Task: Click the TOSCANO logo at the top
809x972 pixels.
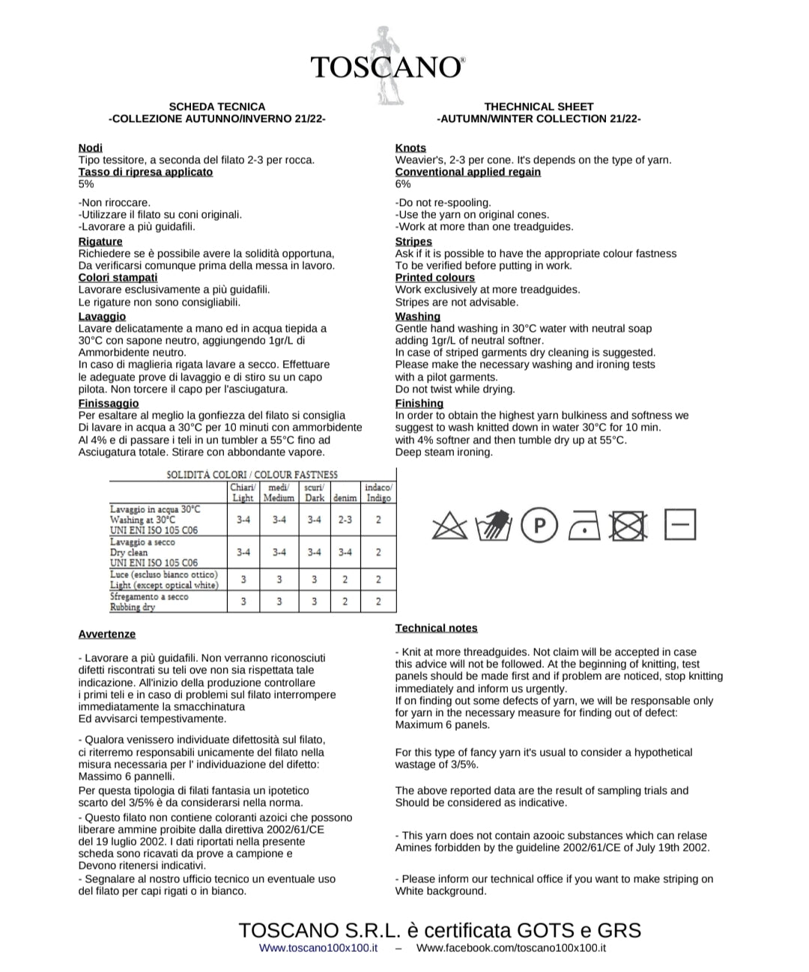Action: pyautogui.click(x=387, y=67)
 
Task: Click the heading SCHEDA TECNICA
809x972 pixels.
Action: pyautogui.click(x=217, y=106)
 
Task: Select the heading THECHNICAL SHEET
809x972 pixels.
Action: pyautogui.click(x=539, y=106)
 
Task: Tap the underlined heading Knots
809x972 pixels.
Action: pyautogui.click(x=410, y=148)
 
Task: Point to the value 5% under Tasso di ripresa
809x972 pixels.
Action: pyautogui.click(x=86, y=183)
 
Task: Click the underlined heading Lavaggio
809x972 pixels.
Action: pyautogui.click(x=102, y=316)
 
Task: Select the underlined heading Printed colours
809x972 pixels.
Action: pyautogui.click(x=434, y=277)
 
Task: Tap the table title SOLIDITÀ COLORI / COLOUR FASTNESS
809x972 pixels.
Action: pyautogui.click(x=252, y=474)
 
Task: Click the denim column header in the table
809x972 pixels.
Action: pyautogui.click(x=345, y=498)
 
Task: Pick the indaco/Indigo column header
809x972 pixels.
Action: pyautogui.click(x=378, y=493)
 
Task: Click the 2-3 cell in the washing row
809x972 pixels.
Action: pyautogui.click(x=345, y=519)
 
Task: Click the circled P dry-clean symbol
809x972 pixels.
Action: pyautogui.click(x=539, y=526)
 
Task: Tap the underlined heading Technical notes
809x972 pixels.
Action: pyautogui.click(x=436, y=628)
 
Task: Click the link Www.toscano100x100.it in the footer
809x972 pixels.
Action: pyautogui.click(x=318, y=947)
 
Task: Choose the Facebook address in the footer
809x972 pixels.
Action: pyautogui.click(x=511, y=947)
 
